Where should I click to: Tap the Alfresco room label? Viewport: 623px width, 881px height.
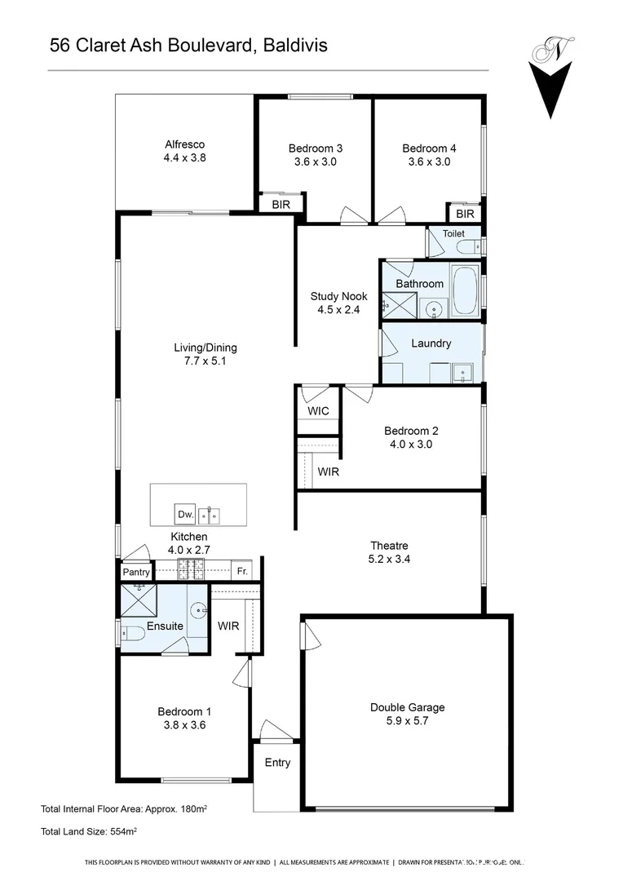pyautogui.click(x=184, y=145)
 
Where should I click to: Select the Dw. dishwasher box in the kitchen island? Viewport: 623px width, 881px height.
pyautogui.click(x=184, y=515)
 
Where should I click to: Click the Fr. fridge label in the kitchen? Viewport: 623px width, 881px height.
pyautogui.click(x=242, y=572)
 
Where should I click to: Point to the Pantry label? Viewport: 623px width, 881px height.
pyautogui.click(x=136, y=572)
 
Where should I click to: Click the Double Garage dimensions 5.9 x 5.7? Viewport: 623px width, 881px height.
pyautogui.click(x=407, y=722)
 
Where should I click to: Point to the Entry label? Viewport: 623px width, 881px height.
pyautogui.click(x=277, y=763)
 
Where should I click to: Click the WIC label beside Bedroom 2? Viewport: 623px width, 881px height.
pyautogui.click(x=318, y=410)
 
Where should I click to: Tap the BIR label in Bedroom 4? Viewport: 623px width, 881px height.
pyautogui.click(x=465, y=214)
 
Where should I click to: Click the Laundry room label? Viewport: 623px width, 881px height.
pyautogui.click(x=431, y=343)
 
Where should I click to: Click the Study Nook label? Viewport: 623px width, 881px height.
pyautogui.click(x=338, y=296)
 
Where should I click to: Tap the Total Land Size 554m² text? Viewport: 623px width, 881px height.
pyautogui.click(x=89, y=831)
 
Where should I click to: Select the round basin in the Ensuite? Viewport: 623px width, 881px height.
pyautogui.click(x=198, y=613)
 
